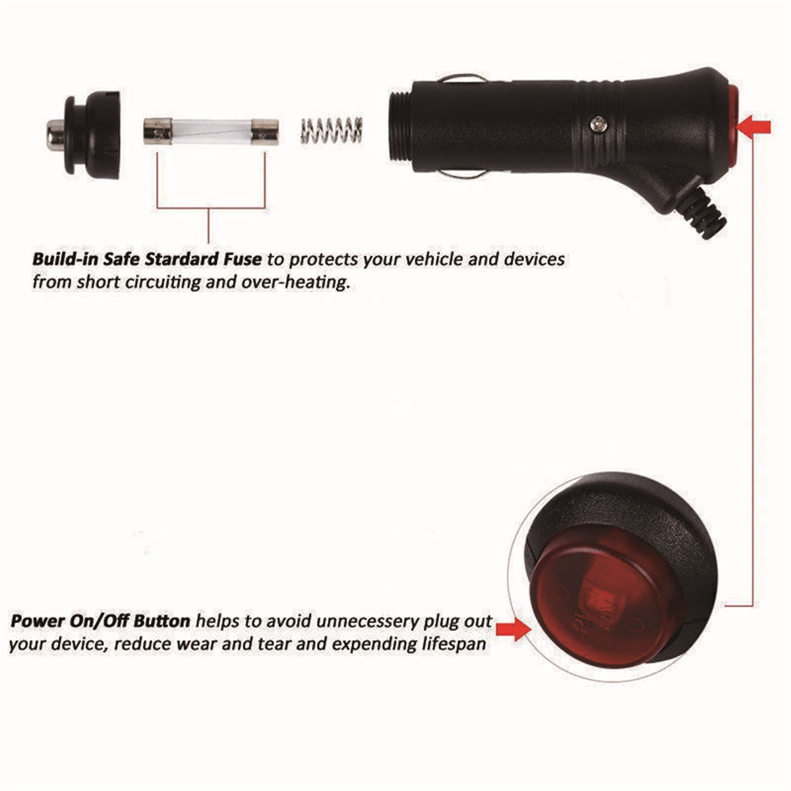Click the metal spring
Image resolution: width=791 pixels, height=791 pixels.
coord(332,130)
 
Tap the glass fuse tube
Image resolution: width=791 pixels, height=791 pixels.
coord(209,131)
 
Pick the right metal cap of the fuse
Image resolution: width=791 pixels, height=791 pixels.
coord(265,131)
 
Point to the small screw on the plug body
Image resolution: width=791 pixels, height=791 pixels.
coord(598,123)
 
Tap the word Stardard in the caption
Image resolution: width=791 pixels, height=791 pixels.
coord(186,259)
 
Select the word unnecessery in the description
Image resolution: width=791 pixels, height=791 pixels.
coord(368,621)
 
